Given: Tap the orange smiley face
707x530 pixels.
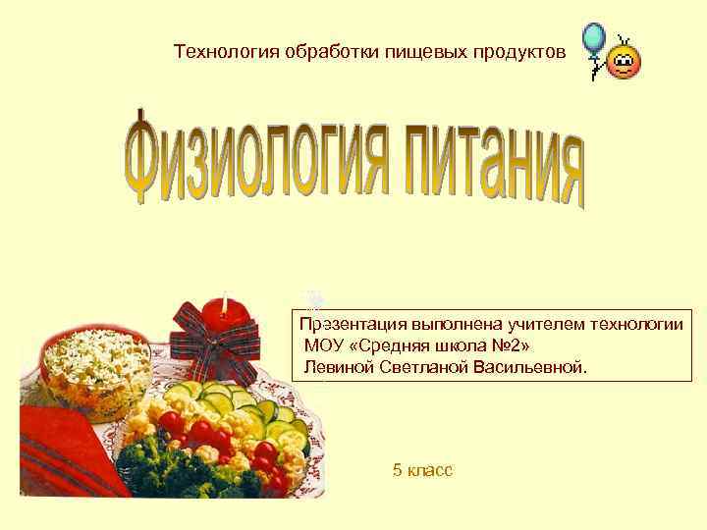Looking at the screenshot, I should pos(624,64).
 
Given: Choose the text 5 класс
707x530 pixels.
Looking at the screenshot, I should pos(422,471).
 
